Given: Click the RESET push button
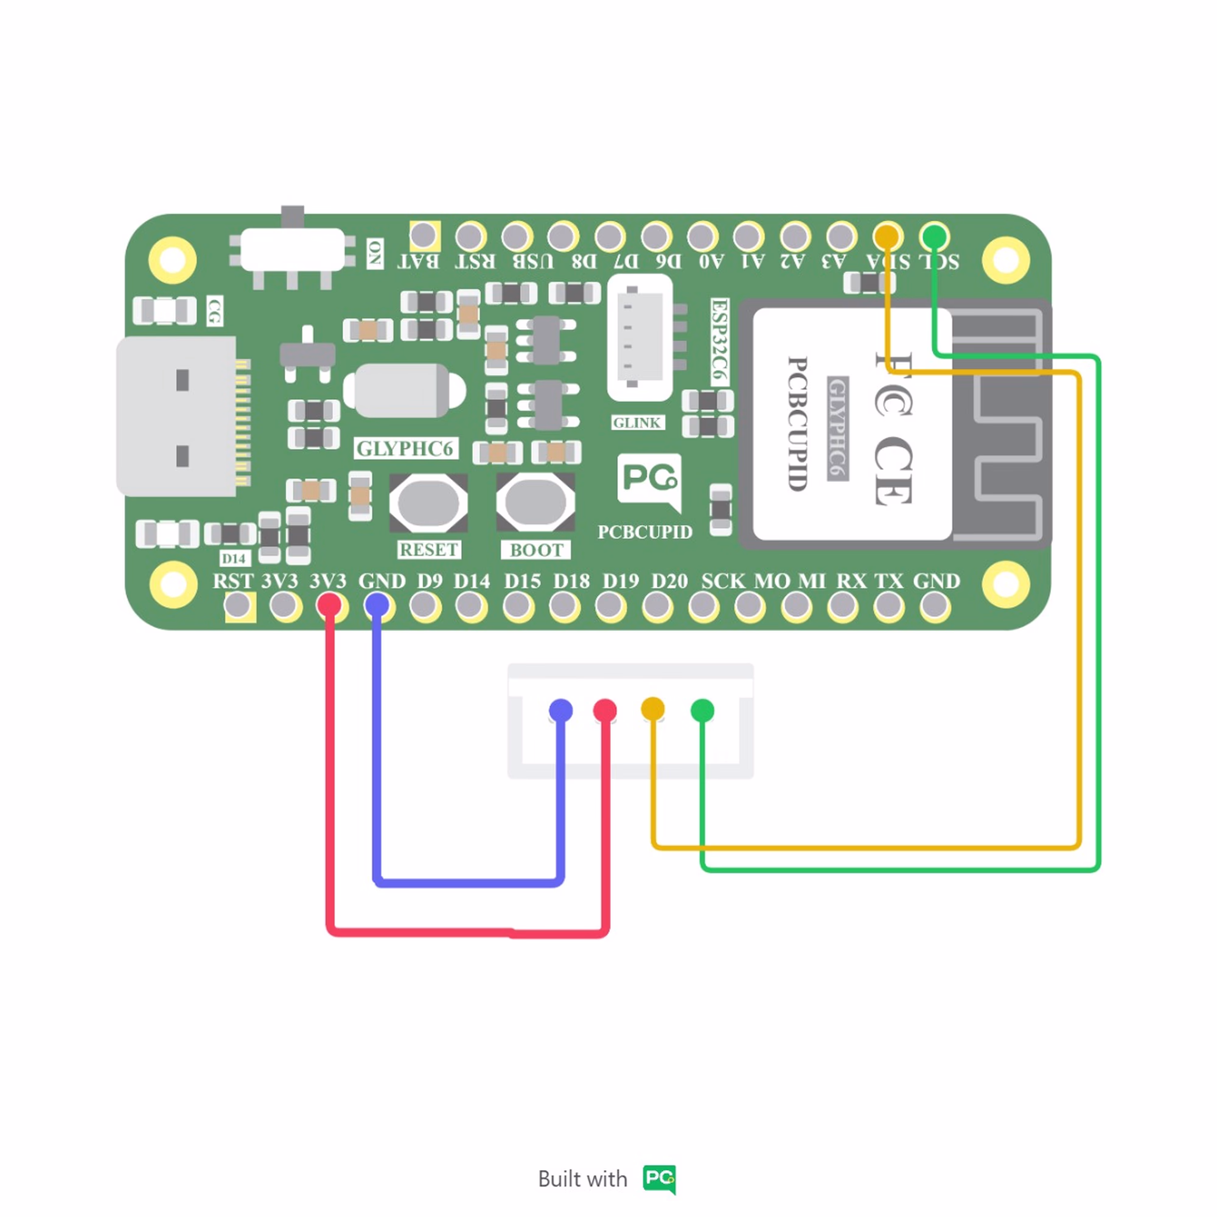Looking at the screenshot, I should [x=428, y=503].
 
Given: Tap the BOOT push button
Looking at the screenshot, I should [x=535, y=503].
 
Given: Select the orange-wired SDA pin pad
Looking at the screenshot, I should [x=887, y=237].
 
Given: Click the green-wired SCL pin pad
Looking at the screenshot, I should [x=934, y=237].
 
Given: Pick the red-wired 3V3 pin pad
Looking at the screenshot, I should [x=329, y=606].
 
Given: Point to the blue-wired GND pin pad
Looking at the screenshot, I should [x=377, y=606].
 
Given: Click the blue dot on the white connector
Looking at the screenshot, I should [x=560, y=710].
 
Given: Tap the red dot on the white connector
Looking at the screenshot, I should [x=605, y=711].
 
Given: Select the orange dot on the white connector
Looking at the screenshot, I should [x=652, y=709].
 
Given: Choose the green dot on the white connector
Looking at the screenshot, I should [x=702, y=711].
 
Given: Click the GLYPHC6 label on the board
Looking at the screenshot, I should [x=405, y=448].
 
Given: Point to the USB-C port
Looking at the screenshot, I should [x=180, y=416].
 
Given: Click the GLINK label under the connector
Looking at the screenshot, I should [x=638, y=423].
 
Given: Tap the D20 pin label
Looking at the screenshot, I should [x=669, y=581].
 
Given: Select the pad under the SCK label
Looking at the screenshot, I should [x=703, y=607].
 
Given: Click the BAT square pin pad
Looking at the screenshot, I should [x=424, y=236].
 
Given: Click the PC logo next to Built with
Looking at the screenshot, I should [x=659, y=1178].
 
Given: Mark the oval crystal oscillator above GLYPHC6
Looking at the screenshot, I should [x=403, y=391].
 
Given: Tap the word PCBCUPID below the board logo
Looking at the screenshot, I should [x=644, y=532].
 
